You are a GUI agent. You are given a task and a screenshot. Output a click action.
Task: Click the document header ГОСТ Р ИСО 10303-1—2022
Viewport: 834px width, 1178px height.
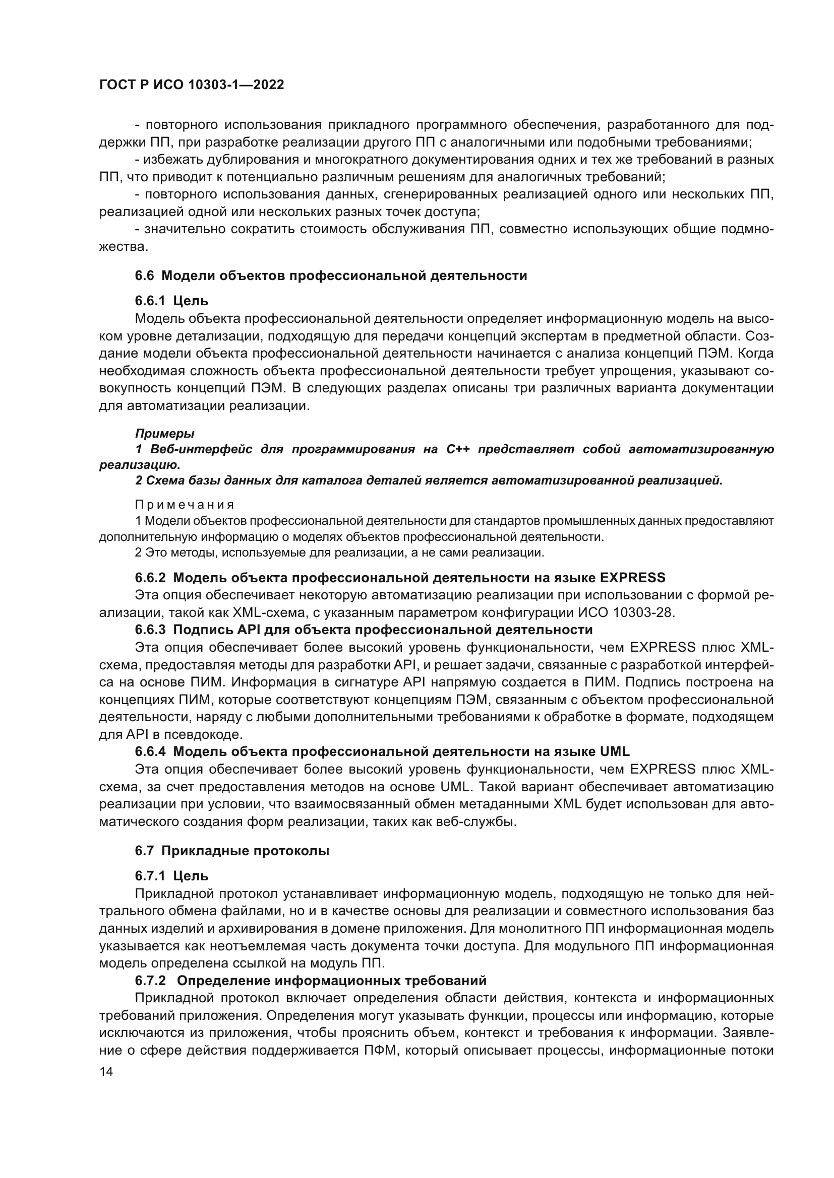[192, 85]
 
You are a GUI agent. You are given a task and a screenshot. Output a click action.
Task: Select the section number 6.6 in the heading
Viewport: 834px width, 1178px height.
[144, 276]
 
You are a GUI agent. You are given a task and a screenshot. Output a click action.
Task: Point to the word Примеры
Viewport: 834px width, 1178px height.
[164, 434]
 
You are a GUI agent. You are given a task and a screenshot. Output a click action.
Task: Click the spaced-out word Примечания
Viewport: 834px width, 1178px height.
[185, 505]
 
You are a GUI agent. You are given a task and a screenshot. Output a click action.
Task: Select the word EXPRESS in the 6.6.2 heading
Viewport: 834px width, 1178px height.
[632, 578]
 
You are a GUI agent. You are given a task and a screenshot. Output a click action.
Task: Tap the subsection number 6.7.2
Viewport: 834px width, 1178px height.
[150, 981]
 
